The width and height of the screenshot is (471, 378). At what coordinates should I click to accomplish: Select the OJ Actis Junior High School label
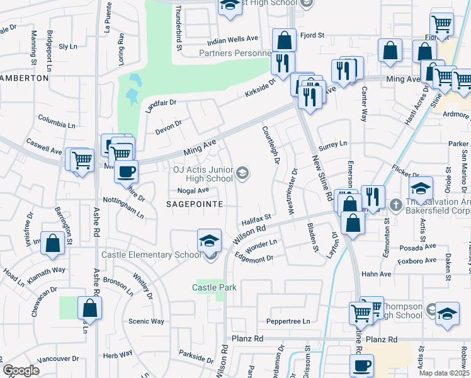(203, 174)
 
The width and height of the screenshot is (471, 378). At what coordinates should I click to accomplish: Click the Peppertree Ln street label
(288, 321)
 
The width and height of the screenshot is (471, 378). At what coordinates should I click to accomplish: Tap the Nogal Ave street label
(193, 190)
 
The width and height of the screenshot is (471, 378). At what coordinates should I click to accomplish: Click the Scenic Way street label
(146, 321)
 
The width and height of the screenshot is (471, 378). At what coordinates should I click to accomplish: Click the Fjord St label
(312, 35)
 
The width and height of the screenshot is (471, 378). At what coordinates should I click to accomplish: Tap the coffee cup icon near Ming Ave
(127, 170)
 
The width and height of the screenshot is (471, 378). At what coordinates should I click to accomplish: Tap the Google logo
(21, 370)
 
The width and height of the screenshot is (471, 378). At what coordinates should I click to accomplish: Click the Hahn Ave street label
(377, 274)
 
